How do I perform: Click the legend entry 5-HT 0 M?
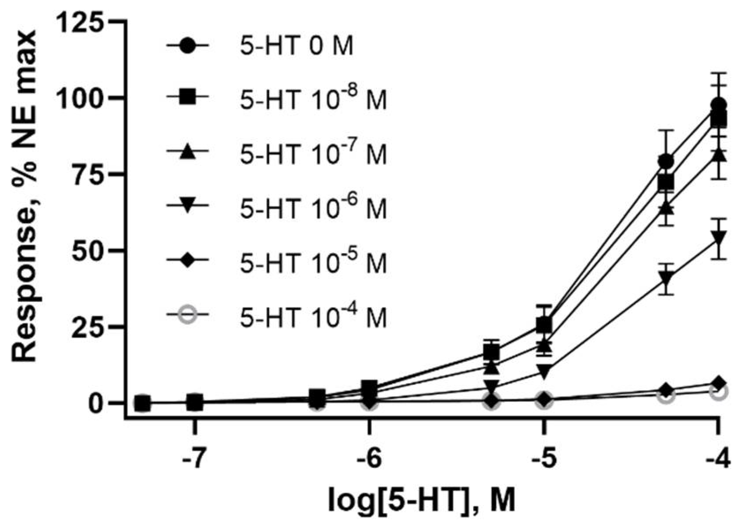(296, 46)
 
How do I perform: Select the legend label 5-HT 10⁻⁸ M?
(313, 100)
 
